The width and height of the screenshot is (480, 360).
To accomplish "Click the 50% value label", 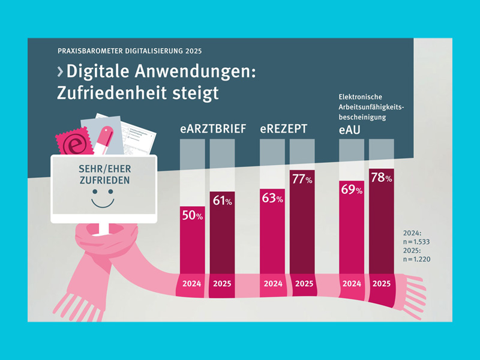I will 193,217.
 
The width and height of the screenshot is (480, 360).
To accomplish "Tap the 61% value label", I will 222,201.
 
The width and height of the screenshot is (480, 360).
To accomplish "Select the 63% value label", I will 272,198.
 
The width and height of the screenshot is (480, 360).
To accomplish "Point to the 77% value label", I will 302,179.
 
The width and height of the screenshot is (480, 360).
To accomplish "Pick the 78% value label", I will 381,178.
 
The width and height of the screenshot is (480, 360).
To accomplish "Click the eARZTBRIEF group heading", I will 214,129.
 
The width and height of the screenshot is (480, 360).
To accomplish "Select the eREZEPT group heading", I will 284,129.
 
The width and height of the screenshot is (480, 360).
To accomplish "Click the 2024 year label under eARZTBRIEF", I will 192,283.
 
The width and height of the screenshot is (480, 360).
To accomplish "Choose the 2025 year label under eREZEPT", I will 304,283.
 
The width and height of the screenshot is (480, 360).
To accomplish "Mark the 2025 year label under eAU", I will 382,283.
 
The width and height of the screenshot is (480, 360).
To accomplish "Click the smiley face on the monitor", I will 103,199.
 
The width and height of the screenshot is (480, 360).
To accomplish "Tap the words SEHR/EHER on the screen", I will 103,169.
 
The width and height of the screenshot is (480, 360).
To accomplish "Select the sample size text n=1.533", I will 418,241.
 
